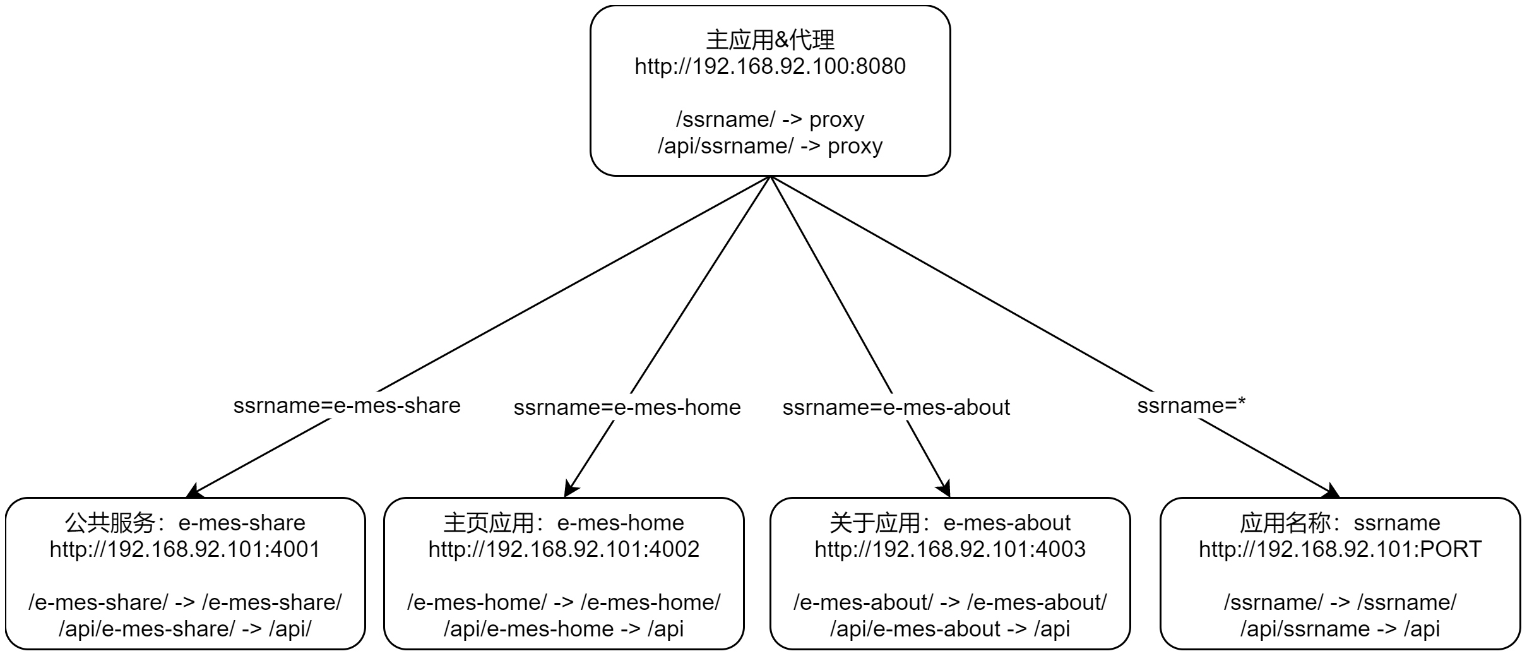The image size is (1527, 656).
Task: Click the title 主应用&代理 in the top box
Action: tap(770, 40)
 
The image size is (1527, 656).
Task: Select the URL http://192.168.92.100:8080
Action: tap(770, 66)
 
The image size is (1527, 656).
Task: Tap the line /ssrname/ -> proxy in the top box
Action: tap(770, 119)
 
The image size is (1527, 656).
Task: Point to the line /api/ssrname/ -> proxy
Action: tap(770, 146)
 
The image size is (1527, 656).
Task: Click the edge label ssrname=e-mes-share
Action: tap(347, 405)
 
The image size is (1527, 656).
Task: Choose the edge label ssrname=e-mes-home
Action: tap(627, 407)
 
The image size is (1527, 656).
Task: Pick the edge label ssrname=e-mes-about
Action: tap(896, 407)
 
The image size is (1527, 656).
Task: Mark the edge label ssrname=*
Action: tap(1191, 405)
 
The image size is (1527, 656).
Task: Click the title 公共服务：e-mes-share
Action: tap(185, 523)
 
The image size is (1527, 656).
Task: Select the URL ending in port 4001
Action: tap(185, 549)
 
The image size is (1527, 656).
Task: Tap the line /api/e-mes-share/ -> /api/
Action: tap(185, 629)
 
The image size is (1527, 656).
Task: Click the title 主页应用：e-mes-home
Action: tap(564, 523)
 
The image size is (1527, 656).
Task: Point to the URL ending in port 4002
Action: tap(564, 549)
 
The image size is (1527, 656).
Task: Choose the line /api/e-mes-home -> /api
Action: tap(564, 629)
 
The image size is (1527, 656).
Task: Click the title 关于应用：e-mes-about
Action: tap(950, 523)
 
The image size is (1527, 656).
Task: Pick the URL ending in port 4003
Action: tap(950, 549)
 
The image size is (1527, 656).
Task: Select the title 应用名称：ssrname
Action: tap(1340, 523)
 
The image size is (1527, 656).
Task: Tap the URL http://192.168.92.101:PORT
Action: tap(1340, 549)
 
